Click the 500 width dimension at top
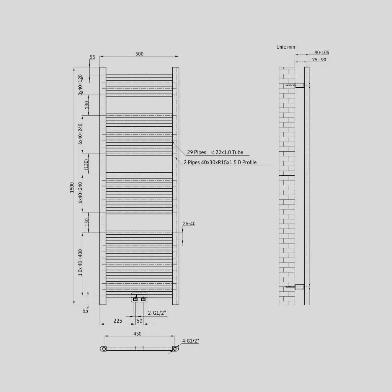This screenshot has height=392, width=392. click(x=139, y=54)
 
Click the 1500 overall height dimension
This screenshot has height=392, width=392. click(x=72, y=187)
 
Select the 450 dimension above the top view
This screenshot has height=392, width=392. click(x=137, y=334)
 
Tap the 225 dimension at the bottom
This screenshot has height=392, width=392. click(x=118, y=321)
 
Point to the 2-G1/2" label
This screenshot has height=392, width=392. click(x=157, y=313)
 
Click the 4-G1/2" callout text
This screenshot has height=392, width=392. click(x=191, y=341)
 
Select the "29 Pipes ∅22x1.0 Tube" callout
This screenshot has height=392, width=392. click(x=215, y=152)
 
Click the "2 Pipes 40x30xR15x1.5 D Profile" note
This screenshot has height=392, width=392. click(x=220, y=162)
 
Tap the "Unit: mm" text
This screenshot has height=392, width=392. click(x=286, y=47)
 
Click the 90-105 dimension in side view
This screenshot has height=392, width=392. click(x=322, y=52)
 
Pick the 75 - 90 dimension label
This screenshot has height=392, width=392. click(x=319, y=60)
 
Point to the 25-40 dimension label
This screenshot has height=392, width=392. click(x=189, y=224)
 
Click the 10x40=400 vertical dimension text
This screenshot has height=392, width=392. click(x=80, y=262)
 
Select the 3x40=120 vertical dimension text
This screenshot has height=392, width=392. click(x=80, y=85)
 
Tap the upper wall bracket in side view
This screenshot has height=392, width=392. click(x=300, y=85)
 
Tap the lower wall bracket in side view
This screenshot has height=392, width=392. click(x=300, y=286)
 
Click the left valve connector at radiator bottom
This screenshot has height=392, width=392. click(x=135, y=299)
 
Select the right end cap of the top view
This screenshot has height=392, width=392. click(x=175, y=349)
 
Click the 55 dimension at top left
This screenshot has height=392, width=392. click(x=92, y=57)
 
